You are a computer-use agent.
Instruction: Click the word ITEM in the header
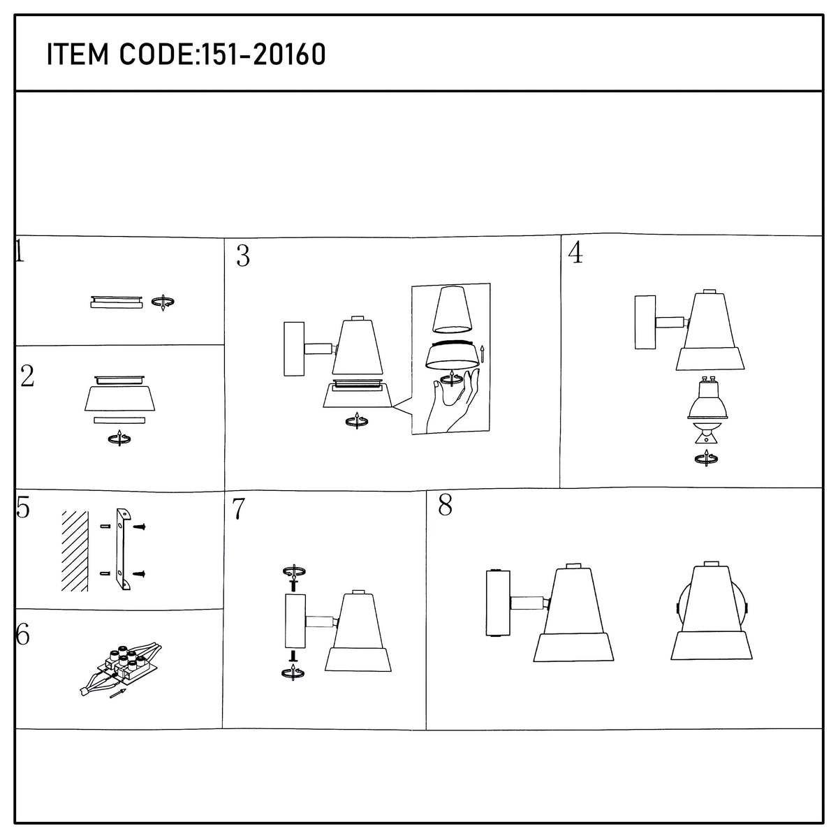click(x=78, y=54)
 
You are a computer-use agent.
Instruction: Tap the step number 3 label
click(x=243, y=256)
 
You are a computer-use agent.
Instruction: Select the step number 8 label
click(x=446, y=506)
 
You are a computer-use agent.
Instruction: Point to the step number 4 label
click(x=575, y=252)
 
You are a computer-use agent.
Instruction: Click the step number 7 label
click(x=239, y=509)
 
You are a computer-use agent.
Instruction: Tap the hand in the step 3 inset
click(x=453, y=401)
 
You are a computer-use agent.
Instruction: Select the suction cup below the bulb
click(x=706, y=433)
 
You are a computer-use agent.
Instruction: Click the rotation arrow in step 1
click(x=163, y=302)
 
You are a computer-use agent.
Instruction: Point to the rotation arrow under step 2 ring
click(x=120, y=439)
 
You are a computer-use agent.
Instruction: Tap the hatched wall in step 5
click(x=75, y=551)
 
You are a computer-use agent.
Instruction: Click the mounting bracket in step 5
click(x=123, y=549)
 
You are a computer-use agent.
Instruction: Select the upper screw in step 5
click(x=140, y=527)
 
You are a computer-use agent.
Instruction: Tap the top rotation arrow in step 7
click(x=295, y=571)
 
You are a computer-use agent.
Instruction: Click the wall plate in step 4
click(x=645, y=322)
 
